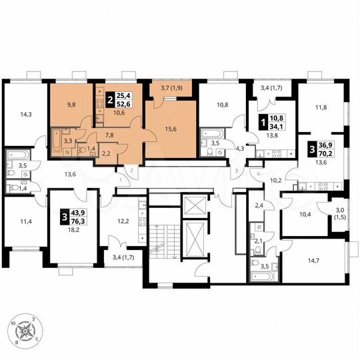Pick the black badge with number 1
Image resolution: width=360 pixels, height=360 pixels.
tap(263, 124)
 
